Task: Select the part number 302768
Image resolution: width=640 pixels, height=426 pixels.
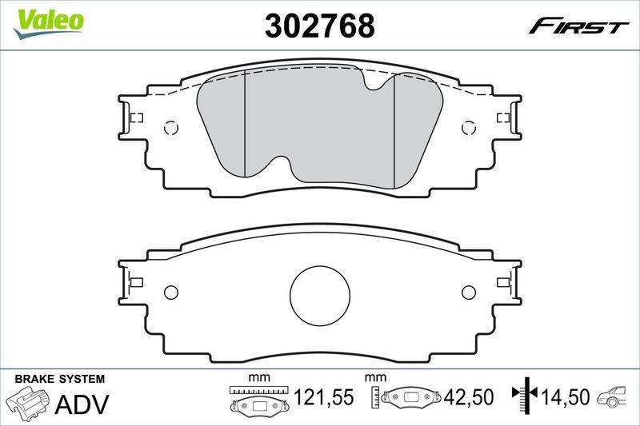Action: click(319, 26)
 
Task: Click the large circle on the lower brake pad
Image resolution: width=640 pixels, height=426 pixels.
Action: click(320, 295)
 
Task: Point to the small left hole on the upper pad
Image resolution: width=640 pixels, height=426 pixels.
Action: click(170, 128)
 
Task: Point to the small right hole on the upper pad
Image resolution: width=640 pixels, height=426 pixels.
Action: click(470, 128)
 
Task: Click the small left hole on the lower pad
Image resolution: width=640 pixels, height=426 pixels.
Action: click(170, 293)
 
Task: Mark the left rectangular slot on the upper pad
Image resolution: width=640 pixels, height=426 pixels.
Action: click(135, 117)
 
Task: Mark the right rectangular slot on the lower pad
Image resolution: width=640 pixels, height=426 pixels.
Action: click(504, 281)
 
